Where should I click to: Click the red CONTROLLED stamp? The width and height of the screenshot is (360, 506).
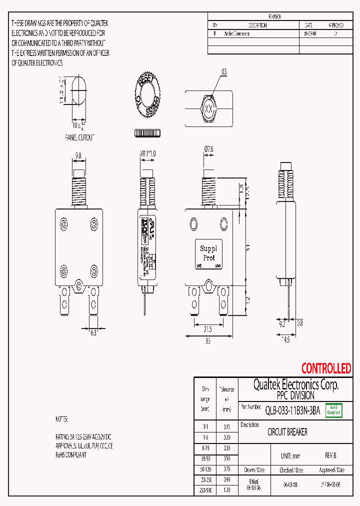326,369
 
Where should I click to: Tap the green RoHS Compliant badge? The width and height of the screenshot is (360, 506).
333,410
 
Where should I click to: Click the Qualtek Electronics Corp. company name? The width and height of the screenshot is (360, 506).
295,384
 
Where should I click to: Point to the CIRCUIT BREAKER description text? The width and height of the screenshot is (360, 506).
287,432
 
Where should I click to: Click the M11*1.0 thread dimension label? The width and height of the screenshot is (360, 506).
147,154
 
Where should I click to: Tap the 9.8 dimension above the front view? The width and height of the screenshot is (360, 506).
78,156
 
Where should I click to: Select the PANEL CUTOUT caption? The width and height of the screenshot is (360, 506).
79,137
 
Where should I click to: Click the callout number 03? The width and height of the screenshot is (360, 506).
224,72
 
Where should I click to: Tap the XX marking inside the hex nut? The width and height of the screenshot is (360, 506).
208,108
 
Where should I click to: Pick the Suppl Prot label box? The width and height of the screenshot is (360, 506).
208,253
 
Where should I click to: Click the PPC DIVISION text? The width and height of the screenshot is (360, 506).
295,395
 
